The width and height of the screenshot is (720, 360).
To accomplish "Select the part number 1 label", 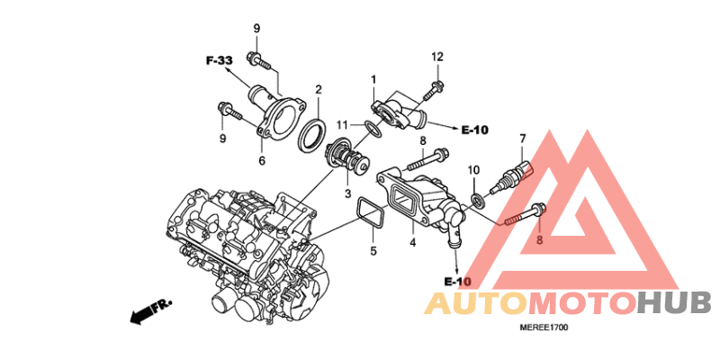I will point(373,81).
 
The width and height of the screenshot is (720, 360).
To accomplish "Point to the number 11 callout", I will point(342,124).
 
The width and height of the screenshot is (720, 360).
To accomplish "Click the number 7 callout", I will point(521,138).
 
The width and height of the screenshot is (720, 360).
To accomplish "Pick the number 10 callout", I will point(473,170).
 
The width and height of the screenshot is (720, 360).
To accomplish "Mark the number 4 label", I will point(412,242).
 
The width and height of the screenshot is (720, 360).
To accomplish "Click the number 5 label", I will point(373,251).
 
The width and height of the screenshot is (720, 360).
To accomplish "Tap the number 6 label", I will point(262,161).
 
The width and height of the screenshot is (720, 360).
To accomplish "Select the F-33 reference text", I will point(219,60).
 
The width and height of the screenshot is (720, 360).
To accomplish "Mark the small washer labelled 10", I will point(478,198).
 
